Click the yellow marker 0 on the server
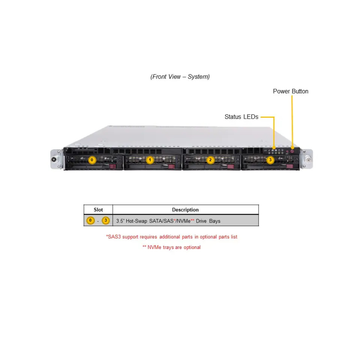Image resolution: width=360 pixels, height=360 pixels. point(92,160)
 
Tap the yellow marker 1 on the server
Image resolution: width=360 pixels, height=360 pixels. point(150,160)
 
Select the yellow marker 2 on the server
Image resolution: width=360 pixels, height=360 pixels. point(210,160)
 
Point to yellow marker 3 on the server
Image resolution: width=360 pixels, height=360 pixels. point(270,160)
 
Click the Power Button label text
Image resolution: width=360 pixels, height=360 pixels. point(291,91)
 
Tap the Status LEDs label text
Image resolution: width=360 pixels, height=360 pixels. point(241,117)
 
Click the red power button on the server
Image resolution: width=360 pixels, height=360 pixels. point(292,151)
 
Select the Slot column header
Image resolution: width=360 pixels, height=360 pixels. point(98,210)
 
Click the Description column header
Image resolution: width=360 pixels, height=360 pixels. point(185,210)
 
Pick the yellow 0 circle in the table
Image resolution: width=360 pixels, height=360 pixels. point(90,220)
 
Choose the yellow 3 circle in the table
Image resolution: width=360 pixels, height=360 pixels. point(105,220)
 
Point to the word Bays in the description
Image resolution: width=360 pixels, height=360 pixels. point(215,221)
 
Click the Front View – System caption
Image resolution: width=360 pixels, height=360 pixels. point(180,77)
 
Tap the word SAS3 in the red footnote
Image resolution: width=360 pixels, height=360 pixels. point(114,237)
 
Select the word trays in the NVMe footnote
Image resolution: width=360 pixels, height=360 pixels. point(168,247)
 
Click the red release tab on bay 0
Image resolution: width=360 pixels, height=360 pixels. point(113,166)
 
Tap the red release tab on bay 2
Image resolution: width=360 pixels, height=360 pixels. point(230,167)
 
